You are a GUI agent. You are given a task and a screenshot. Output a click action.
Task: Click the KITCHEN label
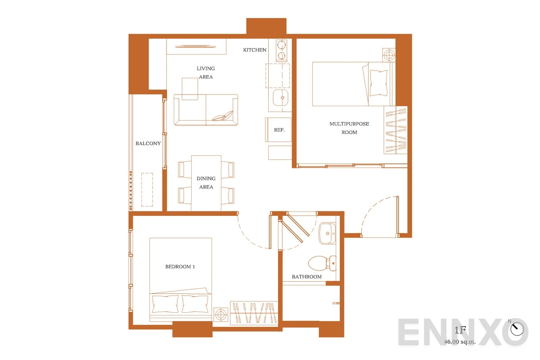(x=255, y=50)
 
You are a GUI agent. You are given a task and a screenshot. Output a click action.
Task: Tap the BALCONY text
(x=148, y=144)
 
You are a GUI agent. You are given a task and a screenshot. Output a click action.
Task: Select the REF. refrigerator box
(x=279, y=130)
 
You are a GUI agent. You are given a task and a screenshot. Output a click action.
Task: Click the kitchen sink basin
(x=280, y=97)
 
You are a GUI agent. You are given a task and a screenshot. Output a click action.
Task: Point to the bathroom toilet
(x=322, y=263)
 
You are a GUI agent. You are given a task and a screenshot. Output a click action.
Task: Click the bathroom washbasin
(x=327, y=234)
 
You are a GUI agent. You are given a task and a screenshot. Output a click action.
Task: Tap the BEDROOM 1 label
(x=180, y=266)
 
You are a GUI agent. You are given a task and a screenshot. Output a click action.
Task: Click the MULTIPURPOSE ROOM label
(x=349, y=128)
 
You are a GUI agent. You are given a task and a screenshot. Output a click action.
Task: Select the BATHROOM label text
(x=306, y=277)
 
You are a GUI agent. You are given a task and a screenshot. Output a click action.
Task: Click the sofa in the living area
(x=206, y=110)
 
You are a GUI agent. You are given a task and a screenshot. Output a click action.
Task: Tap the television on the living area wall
(x=195, y=46)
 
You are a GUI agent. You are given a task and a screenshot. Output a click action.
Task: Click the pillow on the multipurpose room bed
(x=378, y=83)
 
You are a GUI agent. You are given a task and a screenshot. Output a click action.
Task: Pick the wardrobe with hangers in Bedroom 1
(x=254, y=313)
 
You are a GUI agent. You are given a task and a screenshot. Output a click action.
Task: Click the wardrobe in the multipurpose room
(x=396, y=130)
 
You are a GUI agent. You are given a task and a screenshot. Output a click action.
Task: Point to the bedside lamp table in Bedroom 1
(x=220, y=315)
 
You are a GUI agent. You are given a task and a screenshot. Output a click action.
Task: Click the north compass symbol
(x=517, y=328)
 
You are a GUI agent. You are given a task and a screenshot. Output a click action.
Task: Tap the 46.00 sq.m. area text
(x=460, y=342)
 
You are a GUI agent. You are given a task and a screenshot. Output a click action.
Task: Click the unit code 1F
(x=460, y=330)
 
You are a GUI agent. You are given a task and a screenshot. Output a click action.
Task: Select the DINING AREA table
(x=206, y=183)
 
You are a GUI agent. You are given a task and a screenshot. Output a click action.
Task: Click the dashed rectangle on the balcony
(x=147, y=189)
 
